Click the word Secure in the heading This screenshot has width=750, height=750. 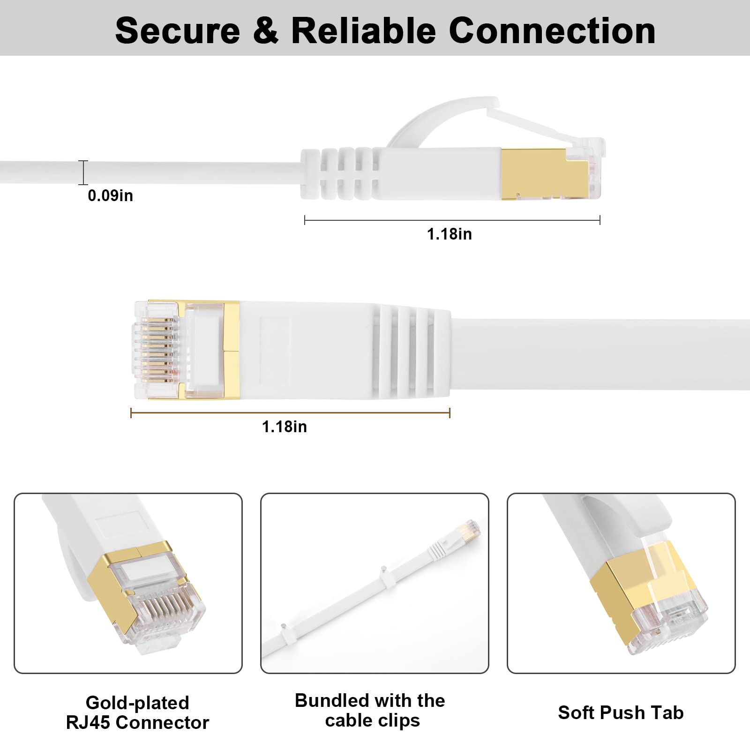click(x=177, y=31)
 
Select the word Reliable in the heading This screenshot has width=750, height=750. click(x=363, y=31)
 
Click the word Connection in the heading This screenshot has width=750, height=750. click(x=552, y=31)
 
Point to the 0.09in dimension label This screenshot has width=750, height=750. click(x=110, y=195)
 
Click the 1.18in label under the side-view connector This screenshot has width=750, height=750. click(x=449, y=234)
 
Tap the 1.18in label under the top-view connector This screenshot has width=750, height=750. click(x=284, y=427)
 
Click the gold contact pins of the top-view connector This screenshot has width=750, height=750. click(x=157, y=349)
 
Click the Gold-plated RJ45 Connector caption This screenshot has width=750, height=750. click(x=137, y=712)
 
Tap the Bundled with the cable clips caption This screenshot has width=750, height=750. click(x=370, y=710)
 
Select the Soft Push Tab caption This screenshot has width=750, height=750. click(x=621, y=712)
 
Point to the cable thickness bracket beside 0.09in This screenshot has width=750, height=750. click(x=83, y=172)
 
